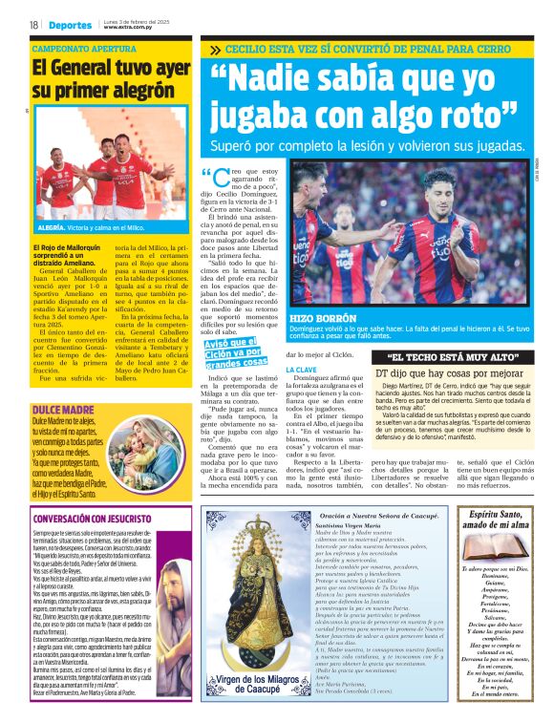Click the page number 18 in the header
(x=34, y=24)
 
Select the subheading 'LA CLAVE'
(x=302, y=369)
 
